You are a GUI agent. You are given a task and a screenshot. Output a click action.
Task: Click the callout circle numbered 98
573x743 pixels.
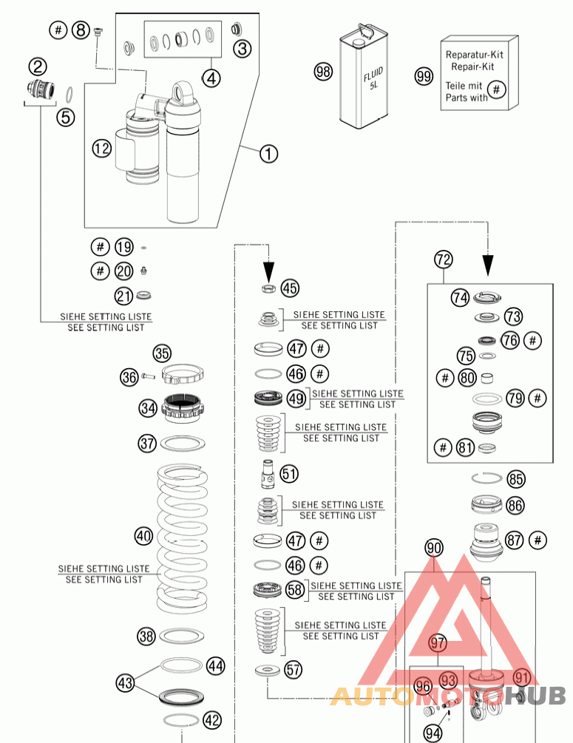coord(323,72)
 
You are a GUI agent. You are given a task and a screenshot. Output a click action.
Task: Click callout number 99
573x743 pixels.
coord(424,76)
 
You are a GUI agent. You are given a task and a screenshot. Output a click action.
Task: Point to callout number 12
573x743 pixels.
coord(101,149)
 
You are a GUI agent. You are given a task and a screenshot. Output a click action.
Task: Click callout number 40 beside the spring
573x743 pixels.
coord(143,535)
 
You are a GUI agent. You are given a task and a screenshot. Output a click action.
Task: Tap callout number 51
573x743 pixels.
coord(289,473)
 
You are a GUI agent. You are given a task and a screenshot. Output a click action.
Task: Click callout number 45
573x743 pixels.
coord(290,288)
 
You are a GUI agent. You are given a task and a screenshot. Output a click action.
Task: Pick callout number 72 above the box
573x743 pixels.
coord(443,259)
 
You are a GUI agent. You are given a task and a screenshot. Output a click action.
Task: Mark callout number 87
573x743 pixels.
coord(515,540)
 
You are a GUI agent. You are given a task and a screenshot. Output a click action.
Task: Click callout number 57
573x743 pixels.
coord(294,670)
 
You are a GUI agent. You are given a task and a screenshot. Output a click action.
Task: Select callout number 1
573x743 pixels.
coord(268,154)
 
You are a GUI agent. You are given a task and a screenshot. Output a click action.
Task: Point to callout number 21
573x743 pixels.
coord(123,296)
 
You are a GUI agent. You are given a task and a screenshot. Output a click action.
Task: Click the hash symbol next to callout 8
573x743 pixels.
coord(58,30)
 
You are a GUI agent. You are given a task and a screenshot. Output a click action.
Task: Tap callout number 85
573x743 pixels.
coord(515,479)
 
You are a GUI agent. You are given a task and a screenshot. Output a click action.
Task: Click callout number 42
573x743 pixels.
coord(212,719)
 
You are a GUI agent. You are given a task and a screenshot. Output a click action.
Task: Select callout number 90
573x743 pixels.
coord(434,548)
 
